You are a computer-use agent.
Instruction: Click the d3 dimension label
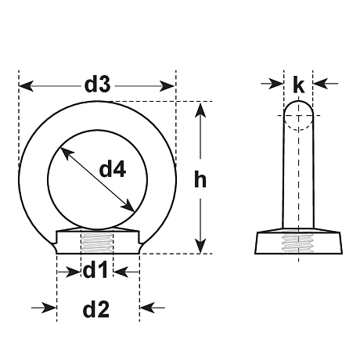tap(98, 85)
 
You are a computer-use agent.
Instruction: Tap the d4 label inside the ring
tap(113, 169)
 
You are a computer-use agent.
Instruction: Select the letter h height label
tap(200, 179)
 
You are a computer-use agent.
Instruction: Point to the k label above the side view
tap(298, 85)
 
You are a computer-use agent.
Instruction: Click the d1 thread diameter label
tap(95, 270)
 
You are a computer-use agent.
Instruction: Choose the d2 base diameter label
tap(95, 309)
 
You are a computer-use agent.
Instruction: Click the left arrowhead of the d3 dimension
tap(26, 86)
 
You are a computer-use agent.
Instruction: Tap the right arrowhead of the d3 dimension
tap(167, 86)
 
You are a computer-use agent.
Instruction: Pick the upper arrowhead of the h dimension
tap(200, 110)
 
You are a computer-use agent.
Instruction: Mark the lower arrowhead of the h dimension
tap(200, 246)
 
